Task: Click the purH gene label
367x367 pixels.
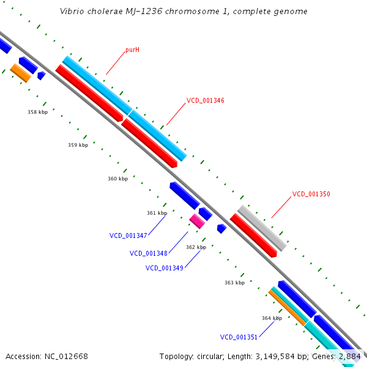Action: click(132, 50)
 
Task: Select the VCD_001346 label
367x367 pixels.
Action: click(205, 100)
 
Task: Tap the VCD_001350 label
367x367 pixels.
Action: click(311, 194)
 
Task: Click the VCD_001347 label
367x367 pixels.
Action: click(128, 235)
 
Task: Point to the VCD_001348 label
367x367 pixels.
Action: click(148, 253)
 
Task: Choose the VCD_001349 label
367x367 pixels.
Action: click(164, 268)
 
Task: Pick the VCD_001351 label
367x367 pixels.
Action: click(239, 337)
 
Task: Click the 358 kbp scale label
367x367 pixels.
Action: click(37, 112)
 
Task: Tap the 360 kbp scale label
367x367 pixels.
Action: click(117, 179)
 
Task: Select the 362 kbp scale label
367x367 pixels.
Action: click(196, 247)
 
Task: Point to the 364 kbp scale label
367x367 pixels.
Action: click(272, 318)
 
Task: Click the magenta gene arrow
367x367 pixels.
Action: click(197, 221)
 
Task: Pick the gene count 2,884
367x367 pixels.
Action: click(350, 356)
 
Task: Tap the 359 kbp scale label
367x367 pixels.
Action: click(78, 145)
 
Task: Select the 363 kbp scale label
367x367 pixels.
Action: click(234, 283)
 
